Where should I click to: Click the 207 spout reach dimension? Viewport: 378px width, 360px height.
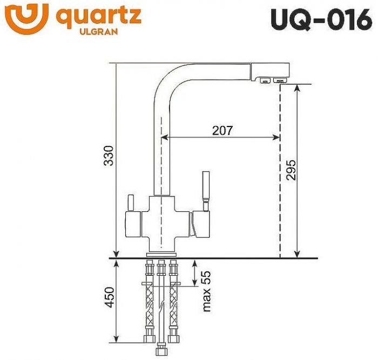[x=222, y=130]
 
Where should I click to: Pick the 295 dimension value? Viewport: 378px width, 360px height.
[x=290, y=171]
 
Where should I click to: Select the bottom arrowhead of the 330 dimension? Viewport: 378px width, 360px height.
[x=116, y=254]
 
